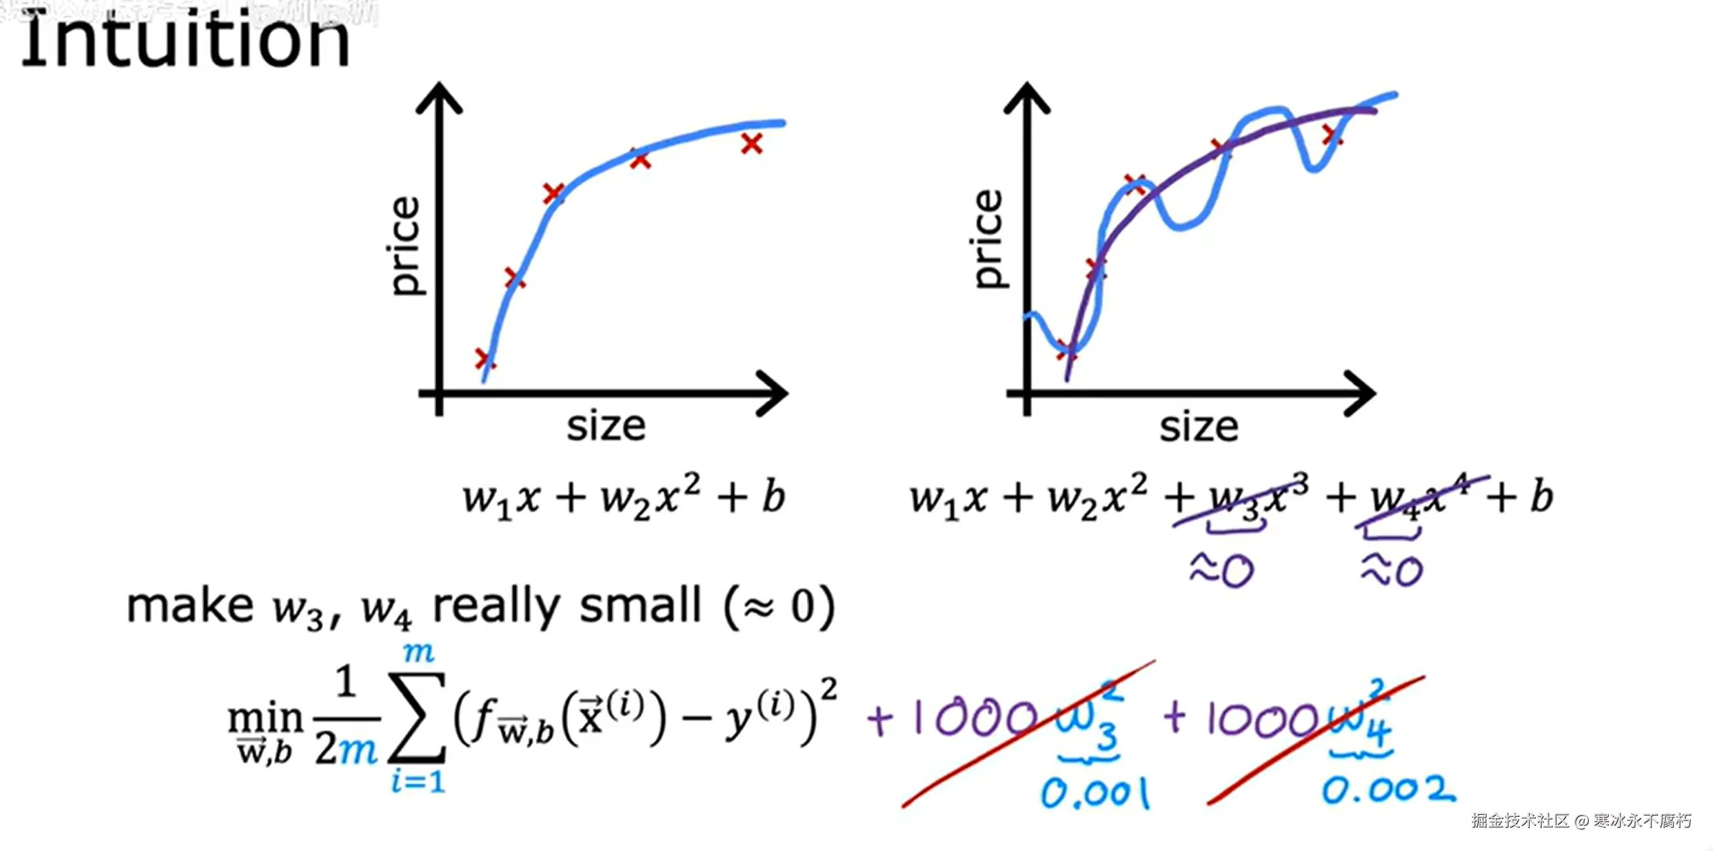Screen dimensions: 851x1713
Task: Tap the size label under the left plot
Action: click(606, 427)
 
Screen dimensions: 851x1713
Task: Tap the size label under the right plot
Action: click(1198, 427)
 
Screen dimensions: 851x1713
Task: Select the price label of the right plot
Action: click(988, 238)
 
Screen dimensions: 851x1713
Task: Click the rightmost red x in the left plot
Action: click(751, 144)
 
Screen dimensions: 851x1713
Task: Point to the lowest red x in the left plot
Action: click(485, 359)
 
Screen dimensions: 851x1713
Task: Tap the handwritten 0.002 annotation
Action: click(1388, 791)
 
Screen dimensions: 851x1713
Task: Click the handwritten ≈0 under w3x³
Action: click(1222, 571)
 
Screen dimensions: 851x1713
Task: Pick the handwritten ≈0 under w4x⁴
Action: click(1392, 571)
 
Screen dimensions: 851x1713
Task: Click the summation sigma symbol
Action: click(417, 718)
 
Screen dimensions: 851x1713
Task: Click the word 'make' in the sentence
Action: click(190, 605)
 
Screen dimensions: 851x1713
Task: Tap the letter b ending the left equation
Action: click(773, 496)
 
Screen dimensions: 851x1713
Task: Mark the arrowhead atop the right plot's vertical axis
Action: click(1028, 97)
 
